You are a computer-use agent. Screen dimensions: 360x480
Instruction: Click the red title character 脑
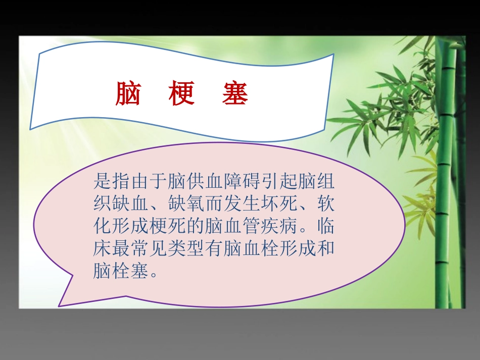pos(128,94)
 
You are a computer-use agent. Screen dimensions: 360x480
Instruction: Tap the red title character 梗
pos(182,94)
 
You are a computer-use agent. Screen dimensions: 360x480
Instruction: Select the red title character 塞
pos(235,94)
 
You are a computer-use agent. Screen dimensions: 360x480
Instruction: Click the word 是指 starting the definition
pos(110,180)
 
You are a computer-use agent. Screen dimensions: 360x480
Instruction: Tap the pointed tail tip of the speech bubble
pos(59,306)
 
